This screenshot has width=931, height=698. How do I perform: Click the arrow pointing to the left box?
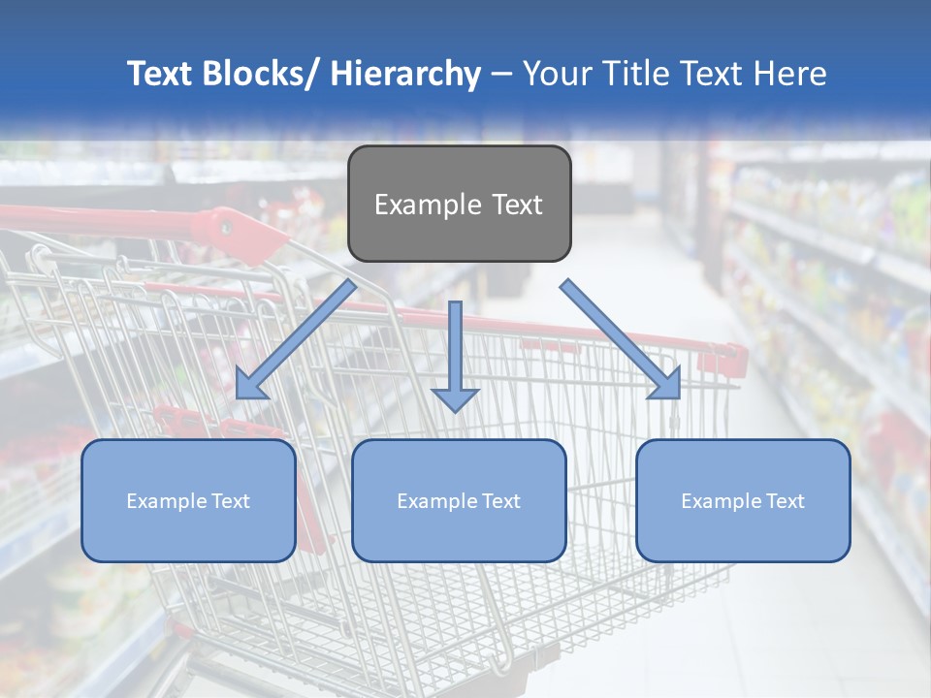[296, 340]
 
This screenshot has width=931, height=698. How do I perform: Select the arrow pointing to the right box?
[621, 339]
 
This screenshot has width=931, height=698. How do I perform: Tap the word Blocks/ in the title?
[258, 74]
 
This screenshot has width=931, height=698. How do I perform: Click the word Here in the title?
[788, 74]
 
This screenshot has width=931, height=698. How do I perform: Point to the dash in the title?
[501, 75]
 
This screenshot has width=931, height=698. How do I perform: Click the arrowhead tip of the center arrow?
[455, 411]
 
